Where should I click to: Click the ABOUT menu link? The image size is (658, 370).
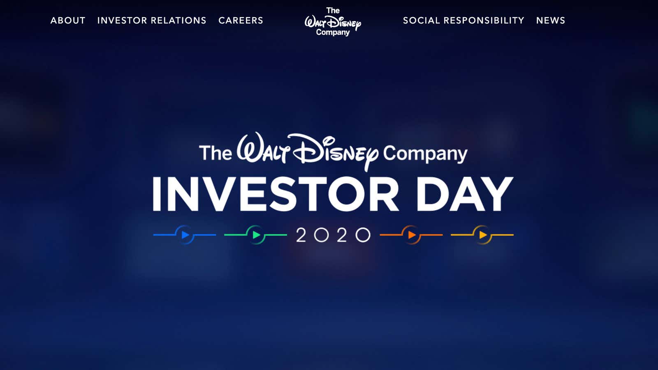pos(68,21)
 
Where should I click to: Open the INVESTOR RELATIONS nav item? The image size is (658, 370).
pos(152,21)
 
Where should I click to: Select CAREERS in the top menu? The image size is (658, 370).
pos(241,21)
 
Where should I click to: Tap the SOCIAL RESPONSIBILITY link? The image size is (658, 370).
pos(463,21)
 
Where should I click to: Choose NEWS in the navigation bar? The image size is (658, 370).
pos(551,21)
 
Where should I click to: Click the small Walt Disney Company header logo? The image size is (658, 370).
pos(333,22)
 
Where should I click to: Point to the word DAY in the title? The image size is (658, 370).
pos(465,194)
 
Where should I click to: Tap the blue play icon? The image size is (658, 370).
pos(185,235)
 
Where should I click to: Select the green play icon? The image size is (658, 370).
pos(257,235)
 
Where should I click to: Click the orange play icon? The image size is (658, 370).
pos(412,235)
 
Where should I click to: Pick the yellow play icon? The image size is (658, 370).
pos(483,235)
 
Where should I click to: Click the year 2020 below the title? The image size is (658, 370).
pos(334,235)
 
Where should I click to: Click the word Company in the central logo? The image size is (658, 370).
pos(425,154)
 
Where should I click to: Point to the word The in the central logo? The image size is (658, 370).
pos(215,153)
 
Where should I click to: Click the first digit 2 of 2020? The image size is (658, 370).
pos(301,235)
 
